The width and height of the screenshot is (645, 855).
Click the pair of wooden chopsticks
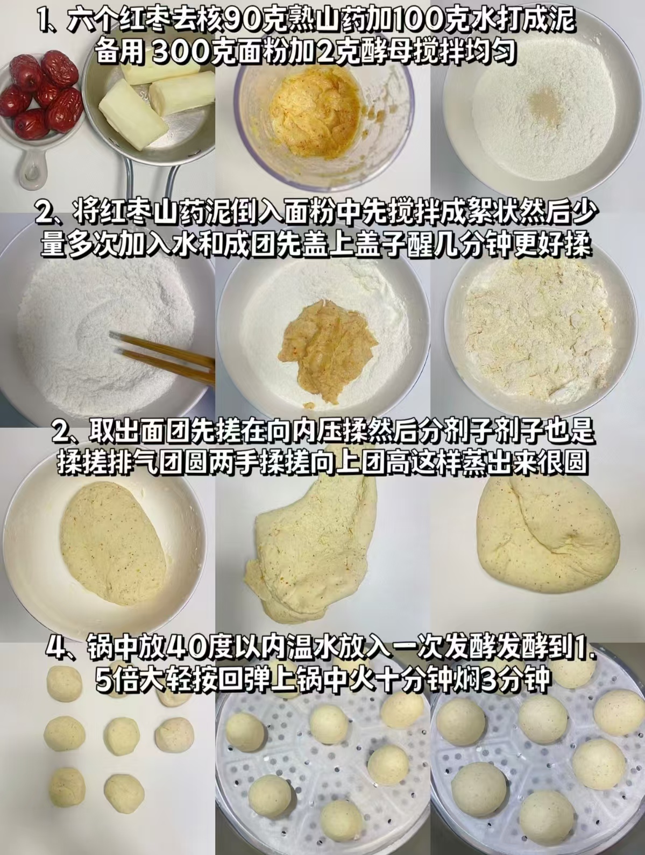pos(164,355)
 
